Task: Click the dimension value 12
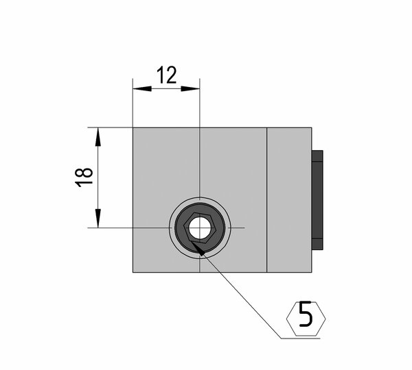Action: point(167,75)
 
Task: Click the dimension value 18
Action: point(84,177)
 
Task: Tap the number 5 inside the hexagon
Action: point(306,314)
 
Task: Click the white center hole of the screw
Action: point(200,227)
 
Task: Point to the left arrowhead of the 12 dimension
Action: point(142,88)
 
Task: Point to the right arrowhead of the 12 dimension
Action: point(190,88)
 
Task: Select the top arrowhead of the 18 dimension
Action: point(98,136)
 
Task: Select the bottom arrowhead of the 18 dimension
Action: point(98,218)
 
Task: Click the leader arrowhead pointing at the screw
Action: point(197,248)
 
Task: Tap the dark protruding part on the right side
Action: point(317,200)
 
